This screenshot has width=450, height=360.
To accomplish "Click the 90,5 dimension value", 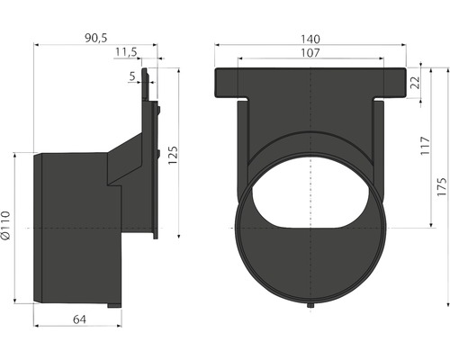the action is click(95, 38).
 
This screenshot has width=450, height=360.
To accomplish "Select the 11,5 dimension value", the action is click(126, 52).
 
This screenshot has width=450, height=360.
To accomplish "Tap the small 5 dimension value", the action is click(132, 76).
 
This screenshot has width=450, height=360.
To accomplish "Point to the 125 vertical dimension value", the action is click(173, 155).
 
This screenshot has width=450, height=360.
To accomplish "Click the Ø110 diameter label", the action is click(5, 225).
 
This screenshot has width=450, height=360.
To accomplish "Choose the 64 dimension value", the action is click(79, 319).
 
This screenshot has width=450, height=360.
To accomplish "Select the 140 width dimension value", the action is click(310, 39).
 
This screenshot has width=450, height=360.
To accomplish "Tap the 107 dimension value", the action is click(310, 53).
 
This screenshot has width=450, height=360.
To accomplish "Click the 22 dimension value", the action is click(416, 83).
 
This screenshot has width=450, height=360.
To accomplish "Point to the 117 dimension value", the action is click(425, 146).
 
